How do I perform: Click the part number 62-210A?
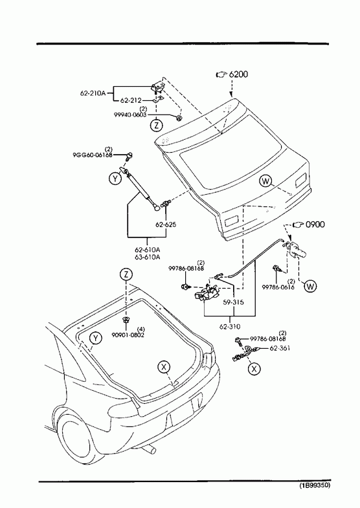click(x=93, y=93)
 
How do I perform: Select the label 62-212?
click(x=131, y=100)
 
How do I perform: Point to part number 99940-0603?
click(x=130, y=115)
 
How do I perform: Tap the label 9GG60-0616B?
click(x=93, y=155)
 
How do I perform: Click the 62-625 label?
click(x=166, y=225)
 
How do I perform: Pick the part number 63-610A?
click(x=148, y=258)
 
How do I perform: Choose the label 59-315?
click(x=233, y=302)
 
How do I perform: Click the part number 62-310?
click(x=230, y=327)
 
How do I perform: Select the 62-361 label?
click(x=280, y=348)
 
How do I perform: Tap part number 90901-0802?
click(x=128, y=335)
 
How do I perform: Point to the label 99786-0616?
click(x=278, y=287)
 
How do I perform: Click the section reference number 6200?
click(x=238, y=74)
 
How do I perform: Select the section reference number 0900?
click(x=315, y=224)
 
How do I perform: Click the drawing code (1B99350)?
click(x=315, y=494)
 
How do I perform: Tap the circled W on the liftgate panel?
click(x=265, y=181)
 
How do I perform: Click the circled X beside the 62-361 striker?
click(x=254, y=368)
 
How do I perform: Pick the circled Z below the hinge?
click(x=157, y=125)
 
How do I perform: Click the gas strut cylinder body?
click(x=139, y=187)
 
